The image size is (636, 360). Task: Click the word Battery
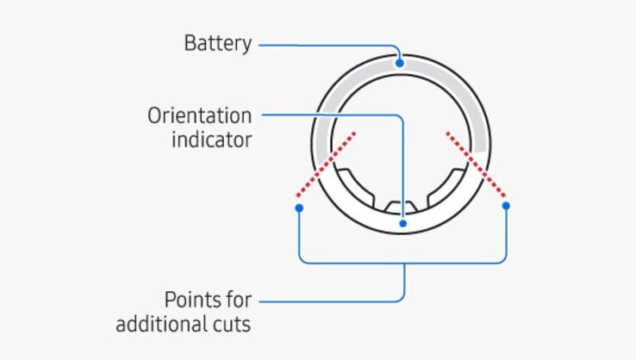pos(217,43)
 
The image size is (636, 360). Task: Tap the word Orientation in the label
pos(199,115)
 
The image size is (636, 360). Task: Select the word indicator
pos(212,140)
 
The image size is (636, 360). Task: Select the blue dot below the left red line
pos(298,208)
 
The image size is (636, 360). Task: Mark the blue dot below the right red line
pos(506,206)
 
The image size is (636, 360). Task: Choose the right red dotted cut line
pos(477,164)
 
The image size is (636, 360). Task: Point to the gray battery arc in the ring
pos(465,95)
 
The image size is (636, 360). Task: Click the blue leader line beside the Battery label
pos(327,43)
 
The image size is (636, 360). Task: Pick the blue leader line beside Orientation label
pos(327,115)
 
